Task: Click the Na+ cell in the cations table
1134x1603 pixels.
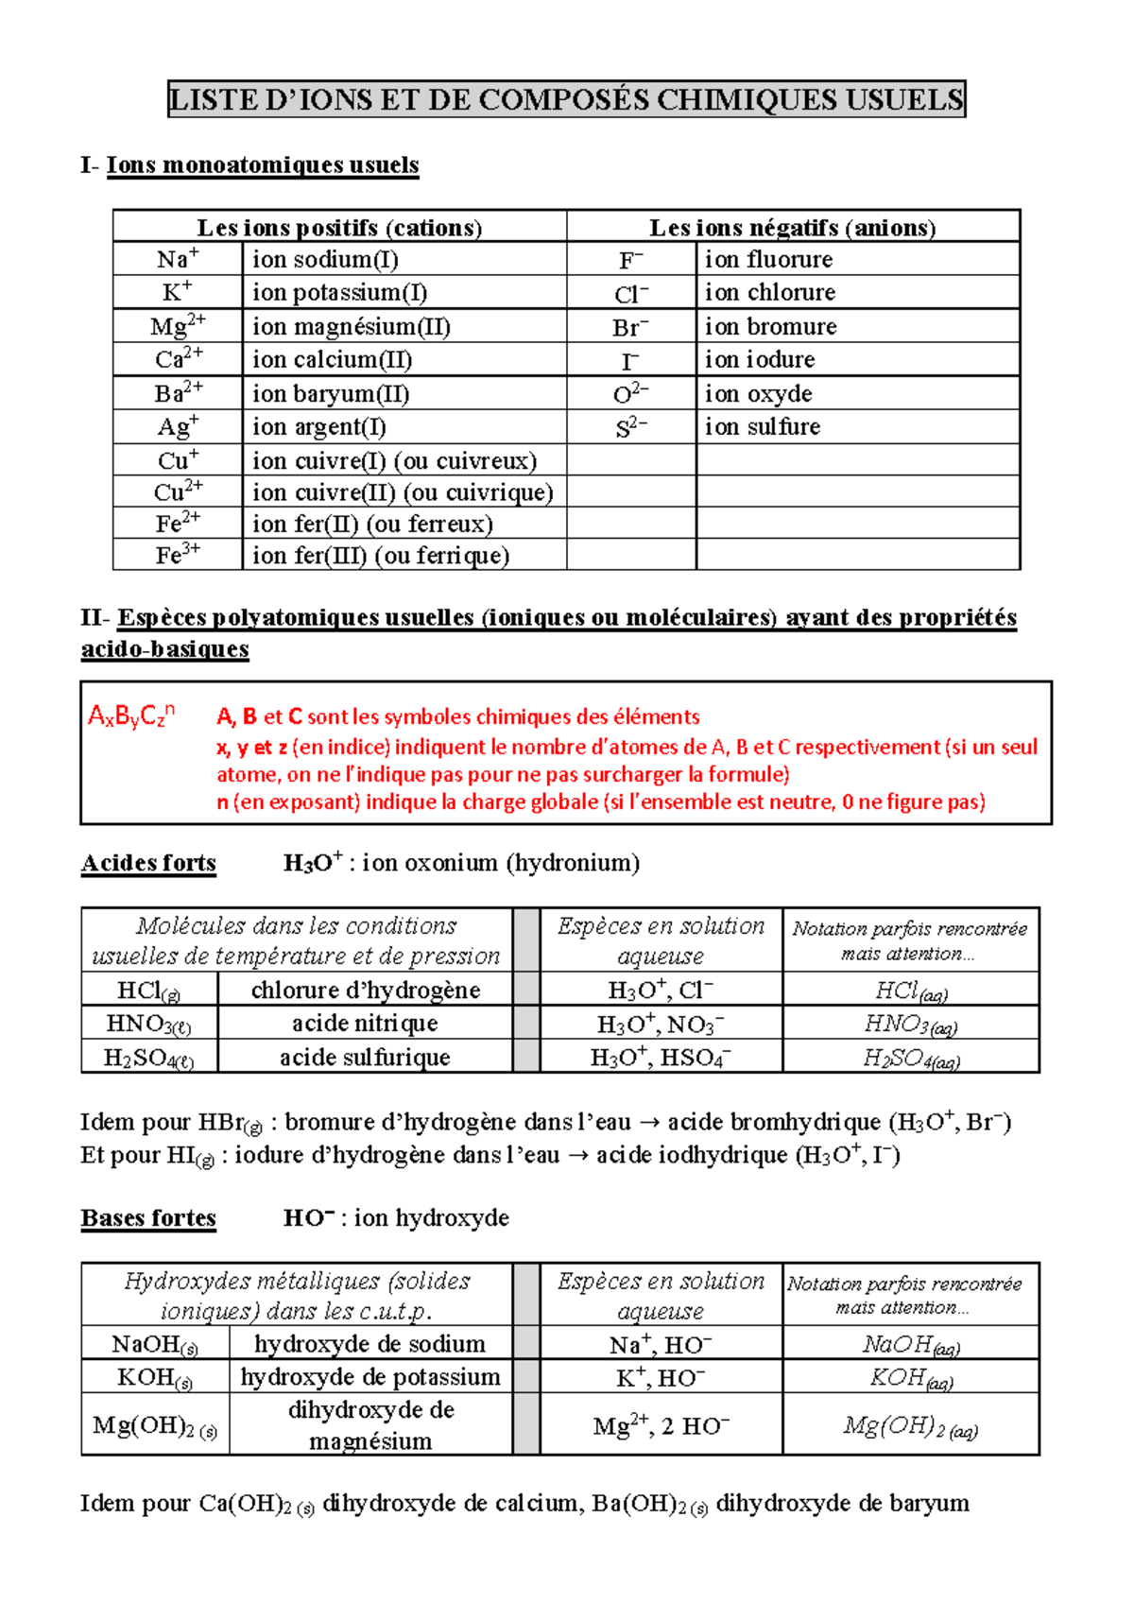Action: click(178, 259)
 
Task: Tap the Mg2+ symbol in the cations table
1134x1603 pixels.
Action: click(178, 326)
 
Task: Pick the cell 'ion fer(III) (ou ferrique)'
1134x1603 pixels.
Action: click(380, 555)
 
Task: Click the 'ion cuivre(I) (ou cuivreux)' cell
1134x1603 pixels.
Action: click(394, 460)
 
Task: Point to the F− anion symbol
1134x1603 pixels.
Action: click(631, 260)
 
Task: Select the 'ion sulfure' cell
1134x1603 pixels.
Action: click(762, 427)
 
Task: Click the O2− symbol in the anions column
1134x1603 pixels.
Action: click(631, 394)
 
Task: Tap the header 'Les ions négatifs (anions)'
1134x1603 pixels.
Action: click(792, 227)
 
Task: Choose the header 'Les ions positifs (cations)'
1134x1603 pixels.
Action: click(339, 227)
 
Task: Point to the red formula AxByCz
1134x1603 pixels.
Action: click(131, 715)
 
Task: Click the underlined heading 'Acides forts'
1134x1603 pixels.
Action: click(148, 863)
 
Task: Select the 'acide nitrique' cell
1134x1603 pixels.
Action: click(365, 1023)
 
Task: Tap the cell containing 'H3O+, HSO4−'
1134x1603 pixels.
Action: click(661, 1057)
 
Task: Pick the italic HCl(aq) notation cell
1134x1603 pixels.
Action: click(911, 991)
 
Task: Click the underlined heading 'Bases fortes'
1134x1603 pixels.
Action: click(148, 1217)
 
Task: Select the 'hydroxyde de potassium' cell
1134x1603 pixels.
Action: click(370, 1376)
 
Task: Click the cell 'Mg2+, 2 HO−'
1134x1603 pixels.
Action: click(661, 1424)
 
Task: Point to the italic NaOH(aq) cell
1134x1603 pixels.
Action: click(911, 1344)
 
